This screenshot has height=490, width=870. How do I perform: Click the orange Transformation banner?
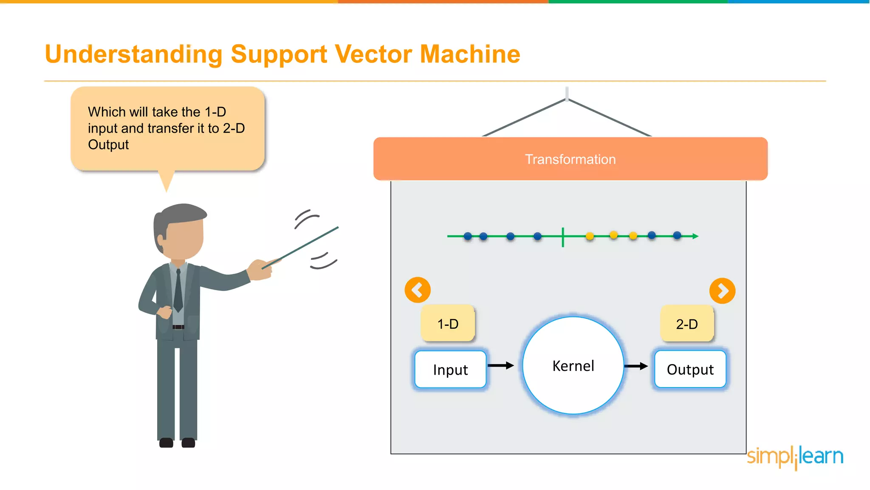pos(570,159)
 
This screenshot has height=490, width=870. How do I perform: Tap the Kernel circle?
pos(573,366)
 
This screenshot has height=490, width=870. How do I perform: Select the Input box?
pos(450,369)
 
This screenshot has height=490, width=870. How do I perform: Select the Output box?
pos(690,369)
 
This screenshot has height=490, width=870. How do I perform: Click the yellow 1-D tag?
pos(448,324)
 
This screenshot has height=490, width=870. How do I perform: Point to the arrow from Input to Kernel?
pos(501,365)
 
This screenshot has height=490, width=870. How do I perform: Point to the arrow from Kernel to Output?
pos(636,366)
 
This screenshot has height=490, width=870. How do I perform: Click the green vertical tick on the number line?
pos(563,237)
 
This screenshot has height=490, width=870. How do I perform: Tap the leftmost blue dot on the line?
pos(468,236)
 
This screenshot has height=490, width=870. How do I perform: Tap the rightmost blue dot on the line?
pos(677,235)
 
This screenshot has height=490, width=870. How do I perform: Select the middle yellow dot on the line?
pos(613,235)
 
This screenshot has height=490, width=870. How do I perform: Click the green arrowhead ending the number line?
pos(695,236)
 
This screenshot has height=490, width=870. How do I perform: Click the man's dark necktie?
pos(178,291)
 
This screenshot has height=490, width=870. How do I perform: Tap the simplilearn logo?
pos(795,457)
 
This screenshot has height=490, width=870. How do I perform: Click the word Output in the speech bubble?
pos(108,145)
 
